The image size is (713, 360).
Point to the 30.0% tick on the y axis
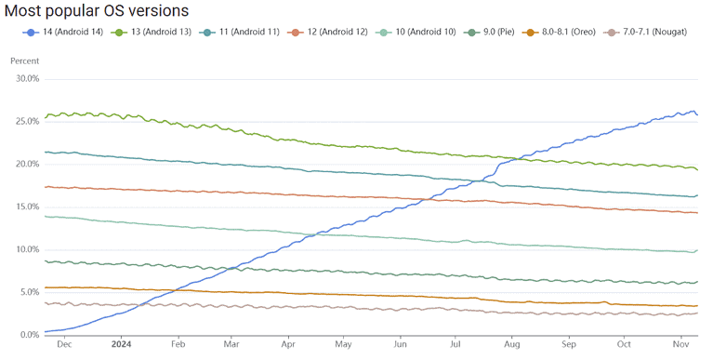tap(26, 79)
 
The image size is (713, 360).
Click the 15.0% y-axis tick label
tap(26, 207)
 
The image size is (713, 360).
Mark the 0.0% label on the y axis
tap(28, 334)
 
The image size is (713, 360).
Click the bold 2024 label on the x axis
tap(121, 343)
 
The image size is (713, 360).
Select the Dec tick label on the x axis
tap(63, 343)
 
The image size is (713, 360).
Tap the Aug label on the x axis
tap(512, 343)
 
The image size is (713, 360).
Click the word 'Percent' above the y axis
tap(25, 60)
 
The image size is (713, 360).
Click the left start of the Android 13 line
tap(45, 117)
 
